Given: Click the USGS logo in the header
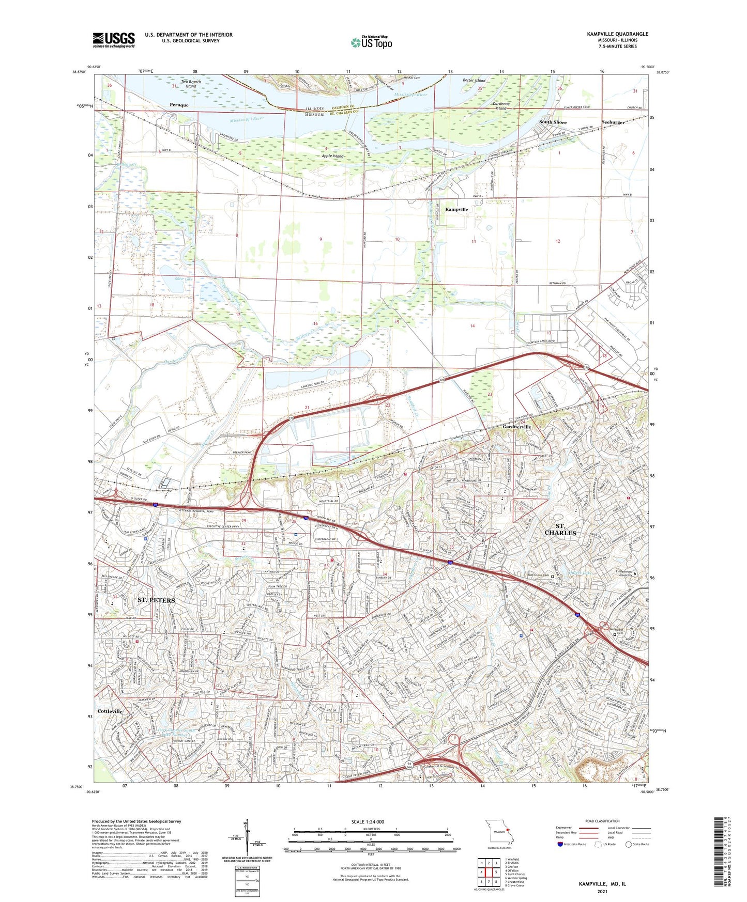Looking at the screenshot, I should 114,39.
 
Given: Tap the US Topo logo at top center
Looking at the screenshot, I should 371,42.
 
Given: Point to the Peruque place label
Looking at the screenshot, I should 179,105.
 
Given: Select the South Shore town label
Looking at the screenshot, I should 553,122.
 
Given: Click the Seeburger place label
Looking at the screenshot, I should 613,122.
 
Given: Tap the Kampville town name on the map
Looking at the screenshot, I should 456,210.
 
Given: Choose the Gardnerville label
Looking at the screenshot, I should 517,427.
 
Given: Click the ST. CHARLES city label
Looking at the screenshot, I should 560,529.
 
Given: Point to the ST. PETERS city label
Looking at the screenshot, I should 157,600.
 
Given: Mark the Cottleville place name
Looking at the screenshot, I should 110,711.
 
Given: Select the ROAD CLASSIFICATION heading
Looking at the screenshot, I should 602,821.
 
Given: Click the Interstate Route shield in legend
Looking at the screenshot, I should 561,844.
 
